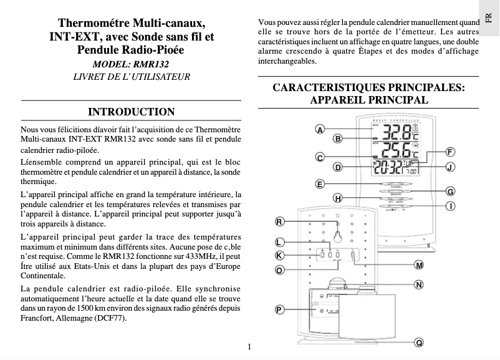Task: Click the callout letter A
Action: (319, 130)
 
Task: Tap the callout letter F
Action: (450, 152)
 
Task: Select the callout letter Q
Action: (420, 343)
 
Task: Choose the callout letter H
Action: (337, 198)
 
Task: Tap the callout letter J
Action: (450, 167)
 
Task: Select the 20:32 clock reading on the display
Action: (387, 167)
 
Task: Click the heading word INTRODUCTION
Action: (132, 112)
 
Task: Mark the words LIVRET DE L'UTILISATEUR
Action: (132, 77)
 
